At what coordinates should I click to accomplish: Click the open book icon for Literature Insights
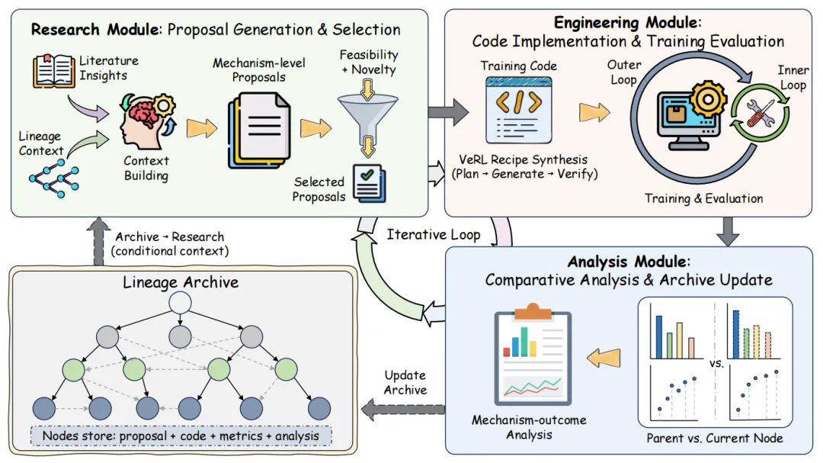(54, 69)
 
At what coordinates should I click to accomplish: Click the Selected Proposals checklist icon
(369, 183)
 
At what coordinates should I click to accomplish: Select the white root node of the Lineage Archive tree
(179, 303)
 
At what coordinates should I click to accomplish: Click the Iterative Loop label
(433, 234)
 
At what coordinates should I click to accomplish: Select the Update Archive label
(405, 382)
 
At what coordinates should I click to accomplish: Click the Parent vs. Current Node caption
(714, 438)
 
